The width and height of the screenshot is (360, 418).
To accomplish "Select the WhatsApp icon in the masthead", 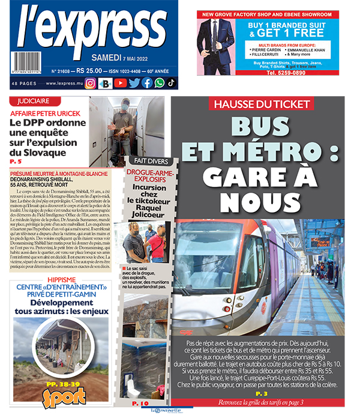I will (159, 83).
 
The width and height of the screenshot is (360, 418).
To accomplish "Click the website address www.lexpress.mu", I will (60, 84).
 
